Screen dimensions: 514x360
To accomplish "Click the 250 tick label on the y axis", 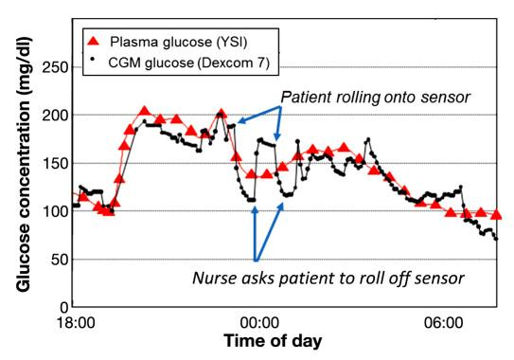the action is pyautogui.click(x=55, y=68).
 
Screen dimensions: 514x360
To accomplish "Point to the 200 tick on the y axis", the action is pyautogui.click(x=55, y=116).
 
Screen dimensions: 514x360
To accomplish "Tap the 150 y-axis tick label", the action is pyautogui.click(x=55, y=164).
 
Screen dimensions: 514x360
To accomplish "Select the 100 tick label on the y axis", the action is pyautogui.click(x=55, y=211).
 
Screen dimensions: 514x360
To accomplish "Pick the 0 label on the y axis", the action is pyautogui.click(x=64, y=308).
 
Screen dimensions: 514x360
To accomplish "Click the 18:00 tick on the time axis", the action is pyautogui.click(x=76, y=323).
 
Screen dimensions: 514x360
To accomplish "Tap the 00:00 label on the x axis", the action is pyautogui.click(x=259, y=323).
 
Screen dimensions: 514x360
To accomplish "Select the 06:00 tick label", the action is pyautogui.click(x=443, y=323).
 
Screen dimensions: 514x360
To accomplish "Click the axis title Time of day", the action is pyautogui.click(x=273, y=341).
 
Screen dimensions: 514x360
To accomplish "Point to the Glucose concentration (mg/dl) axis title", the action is pyautogui.click(x=24, y=164).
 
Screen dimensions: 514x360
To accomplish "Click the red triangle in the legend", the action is pyautogui.click(x=94, y=41).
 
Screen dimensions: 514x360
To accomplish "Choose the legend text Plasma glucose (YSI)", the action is pyautogui.click(x=178, y=42).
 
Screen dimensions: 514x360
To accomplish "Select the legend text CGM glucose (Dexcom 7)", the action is pyautogui.click(x=188, y=63).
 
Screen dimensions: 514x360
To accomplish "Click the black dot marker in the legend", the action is pyautogui.click(x=93, y=59).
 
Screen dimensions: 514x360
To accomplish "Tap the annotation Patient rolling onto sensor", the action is pyautogui.click(x=376, y=98).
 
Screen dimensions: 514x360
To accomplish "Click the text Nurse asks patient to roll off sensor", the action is pyautogui.click(x=328, y=279).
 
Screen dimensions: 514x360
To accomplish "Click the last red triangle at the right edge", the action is pyautogui.click(x=496, y=215).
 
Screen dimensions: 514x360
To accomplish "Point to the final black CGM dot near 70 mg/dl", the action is pyautogui.click(x=496, y=239).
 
